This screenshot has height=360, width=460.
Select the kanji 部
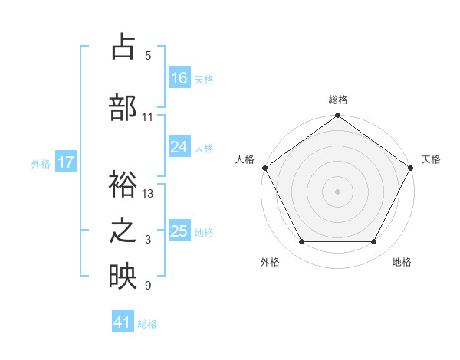coord(123,108)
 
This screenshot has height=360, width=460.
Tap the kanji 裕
coord(123,185)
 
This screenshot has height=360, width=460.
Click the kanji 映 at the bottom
coord(123,277)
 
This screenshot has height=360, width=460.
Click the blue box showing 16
coord(179,77)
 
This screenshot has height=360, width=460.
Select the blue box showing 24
coord(179,146)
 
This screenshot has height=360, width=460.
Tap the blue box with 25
coord(179,231)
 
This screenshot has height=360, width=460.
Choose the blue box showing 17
coord(66,162)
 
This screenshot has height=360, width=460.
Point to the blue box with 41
coord(123,322)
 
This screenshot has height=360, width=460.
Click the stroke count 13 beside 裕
coord(149,194)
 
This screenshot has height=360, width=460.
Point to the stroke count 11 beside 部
coord(148,117)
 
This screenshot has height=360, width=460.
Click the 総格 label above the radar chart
coord(337,100)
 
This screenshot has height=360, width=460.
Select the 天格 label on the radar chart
coord(431,159)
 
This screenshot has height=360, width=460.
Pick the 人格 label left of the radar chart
coord(245,159)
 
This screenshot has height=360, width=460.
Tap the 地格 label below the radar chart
coord(402,262)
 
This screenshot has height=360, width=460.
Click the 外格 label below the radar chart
coord(270,262)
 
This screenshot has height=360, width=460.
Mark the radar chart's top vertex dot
coord(337,116)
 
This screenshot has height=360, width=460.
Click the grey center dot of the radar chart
coord(337,191)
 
